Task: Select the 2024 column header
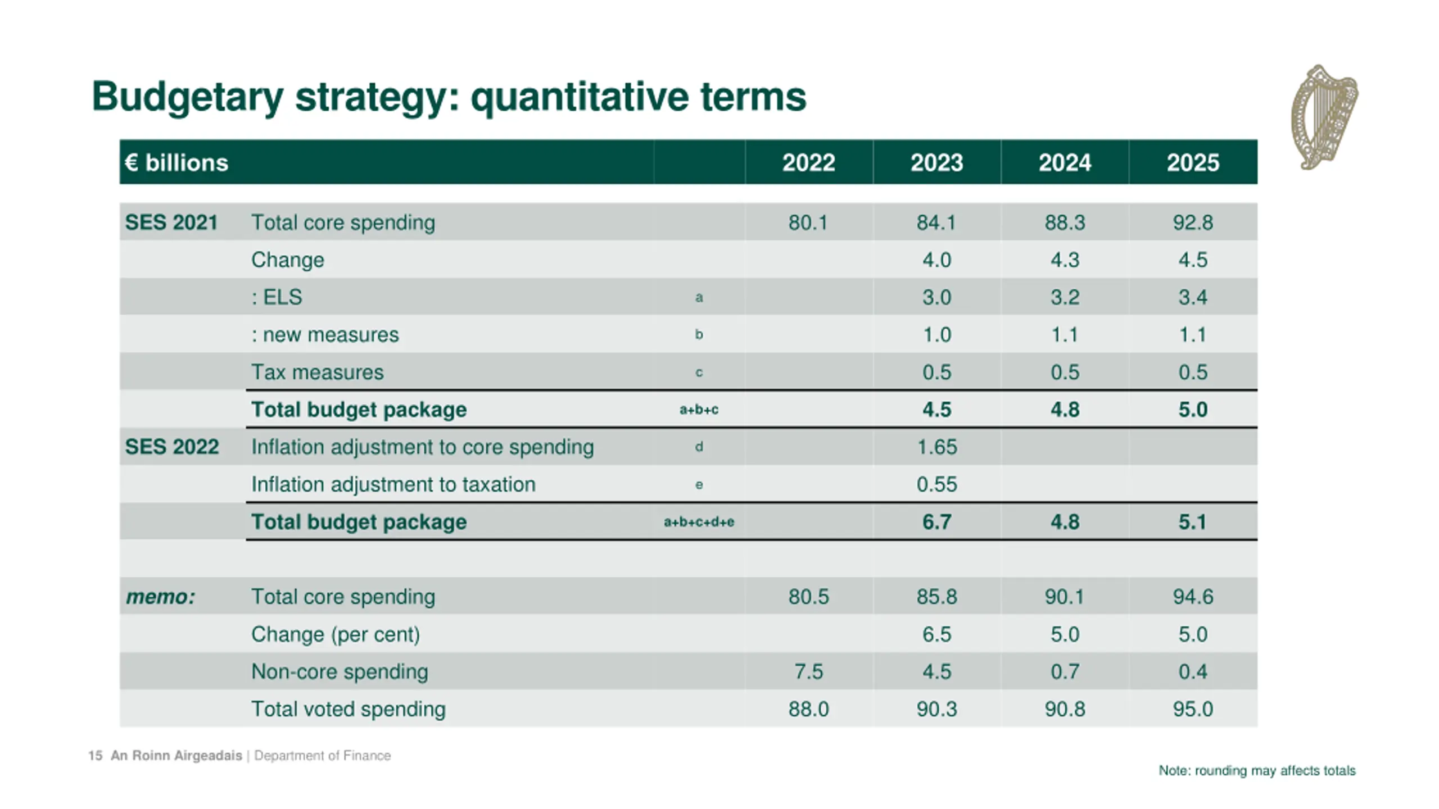coord(1065,163)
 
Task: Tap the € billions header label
coord(177,163)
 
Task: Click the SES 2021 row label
coord(171,222)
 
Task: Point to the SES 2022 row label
coord(171,447)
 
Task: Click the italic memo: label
coord(160,597)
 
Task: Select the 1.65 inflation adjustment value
coord(936,447)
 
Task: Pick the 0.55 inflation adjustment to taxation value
coord(936,484)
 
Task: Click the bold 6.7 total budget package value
coord(936,522)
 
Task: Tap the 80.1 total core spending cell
coord(808,222)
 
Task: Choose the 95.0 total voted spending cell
coord(1193,709)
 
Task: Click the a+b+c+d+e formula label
coord(699,522)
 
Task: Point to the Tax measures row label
coord(317,372)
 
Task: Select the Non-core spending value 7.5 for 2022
coord(808,672)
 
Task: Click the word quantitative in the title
coord(580,97)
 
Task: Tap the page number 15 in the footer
coord(95,756)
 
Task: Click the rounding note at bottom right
coord(1257,771)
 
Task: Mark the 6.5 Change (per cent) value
coord(936,634)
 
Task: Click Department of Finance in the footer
coord(322,756)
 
